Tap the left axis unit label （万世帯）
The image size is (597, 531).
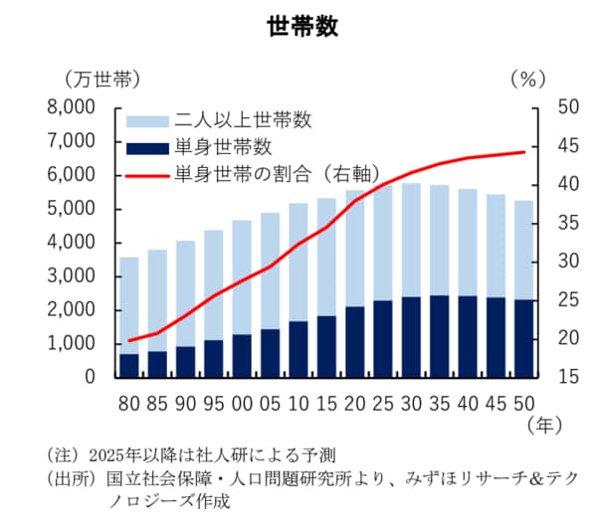coord(99,78)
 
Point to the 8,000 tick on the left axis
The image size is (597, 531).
coord(73,107)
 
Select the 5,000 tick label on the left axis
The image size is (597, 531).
coord(73,209)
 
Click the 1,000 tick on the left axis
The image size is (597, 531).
coord(73,343)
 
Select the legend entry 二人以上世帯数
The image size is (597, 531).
coord(244,121)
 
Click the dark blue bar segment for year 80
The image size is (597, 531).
coord(128,365)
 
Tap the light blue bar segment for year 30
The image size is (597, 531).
coord(411,239)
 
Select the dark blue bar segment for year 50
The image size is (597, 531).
coord(522,338)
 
